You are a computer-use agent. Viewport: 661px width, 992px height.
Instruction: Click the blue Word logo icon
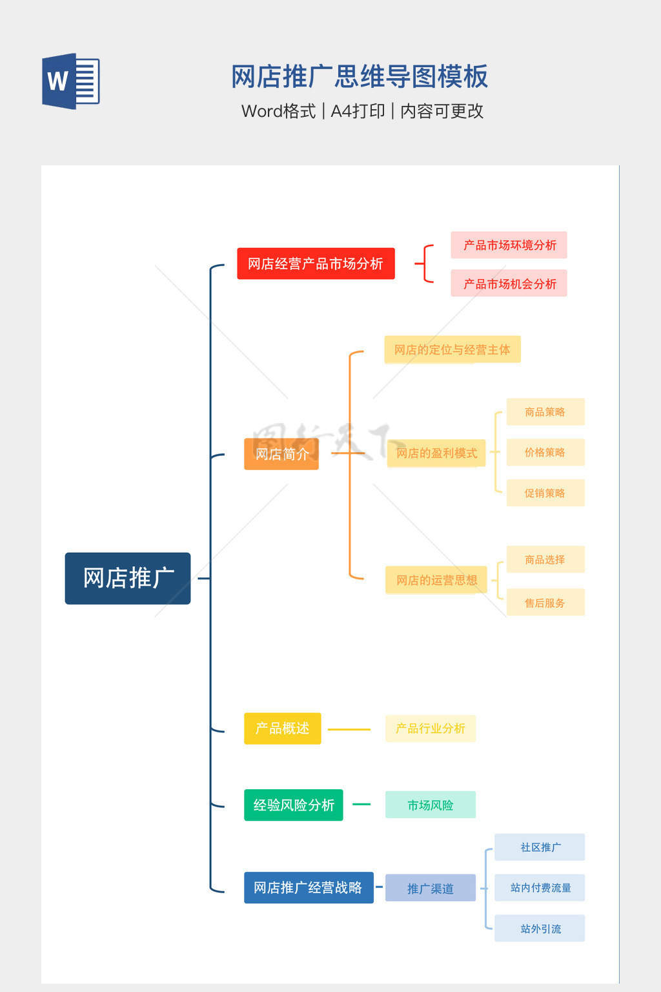coord(71,81)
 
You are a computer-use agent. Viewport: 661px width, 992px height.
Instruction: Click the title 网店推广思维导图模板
coord(360,76)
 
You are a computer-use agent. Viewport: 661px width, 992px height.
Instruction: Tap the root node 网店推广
coord(128,578)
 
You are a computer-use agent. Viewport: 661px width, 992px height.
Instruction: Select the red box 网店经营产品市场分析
coord(316,263)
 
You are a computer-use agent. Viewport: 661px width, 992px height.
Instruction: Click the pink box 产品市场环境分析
coord(509,245)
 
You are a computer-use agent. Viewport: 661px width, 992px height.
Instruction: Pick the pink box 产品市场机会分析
coord(509,284)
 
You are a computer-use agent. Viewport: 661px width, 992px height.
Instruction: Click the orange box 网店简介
coord(281,454)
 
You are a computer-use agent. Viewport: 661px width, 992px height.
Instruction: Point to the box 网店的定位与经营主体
coord(452,349)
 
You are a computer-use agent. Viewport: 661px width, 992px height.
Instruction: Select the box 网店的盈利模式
coord(436,453)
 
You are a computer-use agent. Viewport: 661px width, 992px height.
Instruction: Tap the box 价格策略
coord(545,452)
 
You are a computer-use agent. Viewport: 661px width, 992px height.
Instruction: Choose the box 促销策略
coord(545,493)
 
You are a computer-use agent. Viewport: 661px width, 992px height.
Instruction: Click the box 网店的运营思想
coord(436,580)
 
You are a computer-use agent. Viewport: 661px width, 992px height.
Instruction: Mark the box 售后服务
coord(545,603)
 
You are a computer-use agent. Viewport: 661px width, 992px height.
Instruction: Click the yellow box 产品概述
coord(282,728)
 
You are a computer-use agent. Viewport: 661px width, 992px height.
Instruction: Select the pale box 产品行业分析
coord(430,728)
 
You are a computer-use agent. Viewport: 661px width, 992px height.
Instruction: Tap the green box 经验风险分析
coord(293,805)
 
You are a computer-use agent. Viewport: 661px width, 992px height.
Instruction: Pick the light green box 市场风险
coord(430,805)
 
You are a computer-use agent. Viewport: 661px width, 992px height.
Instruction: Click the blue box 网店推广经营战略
coord(309,888)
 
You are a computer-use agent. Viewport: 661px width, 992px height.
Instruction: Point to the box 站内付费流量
coord(540,888)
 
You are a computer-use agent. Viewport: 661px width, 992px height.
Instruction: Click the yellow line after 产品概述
coord(349,730)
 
